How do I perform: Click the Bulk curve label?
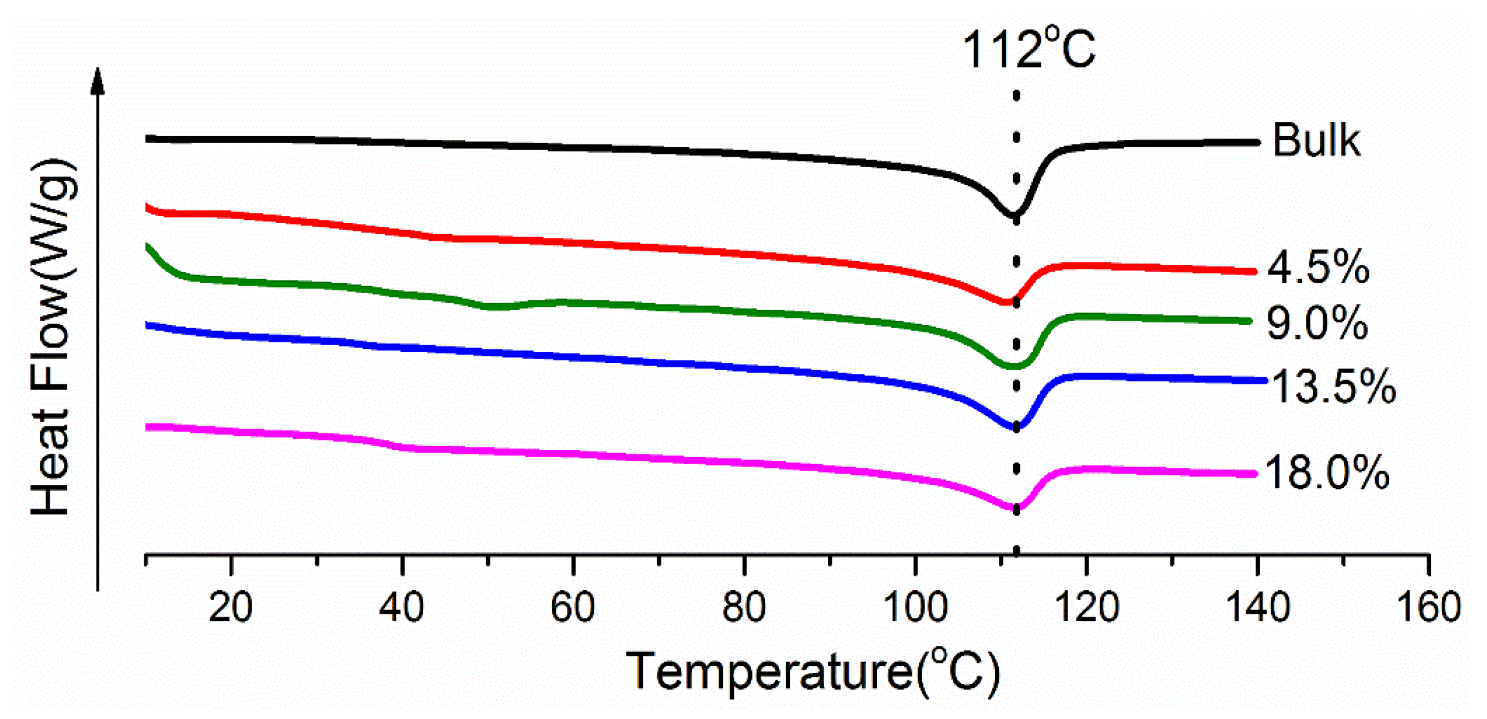[x=1315, y=141]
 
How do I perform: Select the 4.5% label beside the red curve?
[x=1318, y=267]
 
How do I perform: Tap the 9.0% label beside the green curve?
[x=1317, y=323]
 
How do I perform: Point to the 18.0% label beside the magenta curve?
[x=1326, y=473]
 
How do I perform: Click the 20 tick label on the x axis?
[x=231, y=607]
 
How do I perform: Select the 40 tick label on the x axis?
[x=402, y=607]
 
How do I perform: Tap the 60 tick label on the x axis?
[x=573, y=607]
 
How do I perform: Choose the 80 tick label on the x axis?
[x=743, y=607]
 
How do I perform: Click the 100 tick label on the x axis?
[x=915, y=607]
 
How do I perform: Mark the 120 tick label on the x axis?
[x=1087, y=607]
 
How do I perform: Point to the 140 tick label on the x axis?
[x=1258, y=607]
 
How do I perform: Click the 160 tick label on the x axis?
[x=1428, y=607]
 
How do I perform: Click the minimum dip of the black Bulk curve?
[x=1014, y=215]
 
